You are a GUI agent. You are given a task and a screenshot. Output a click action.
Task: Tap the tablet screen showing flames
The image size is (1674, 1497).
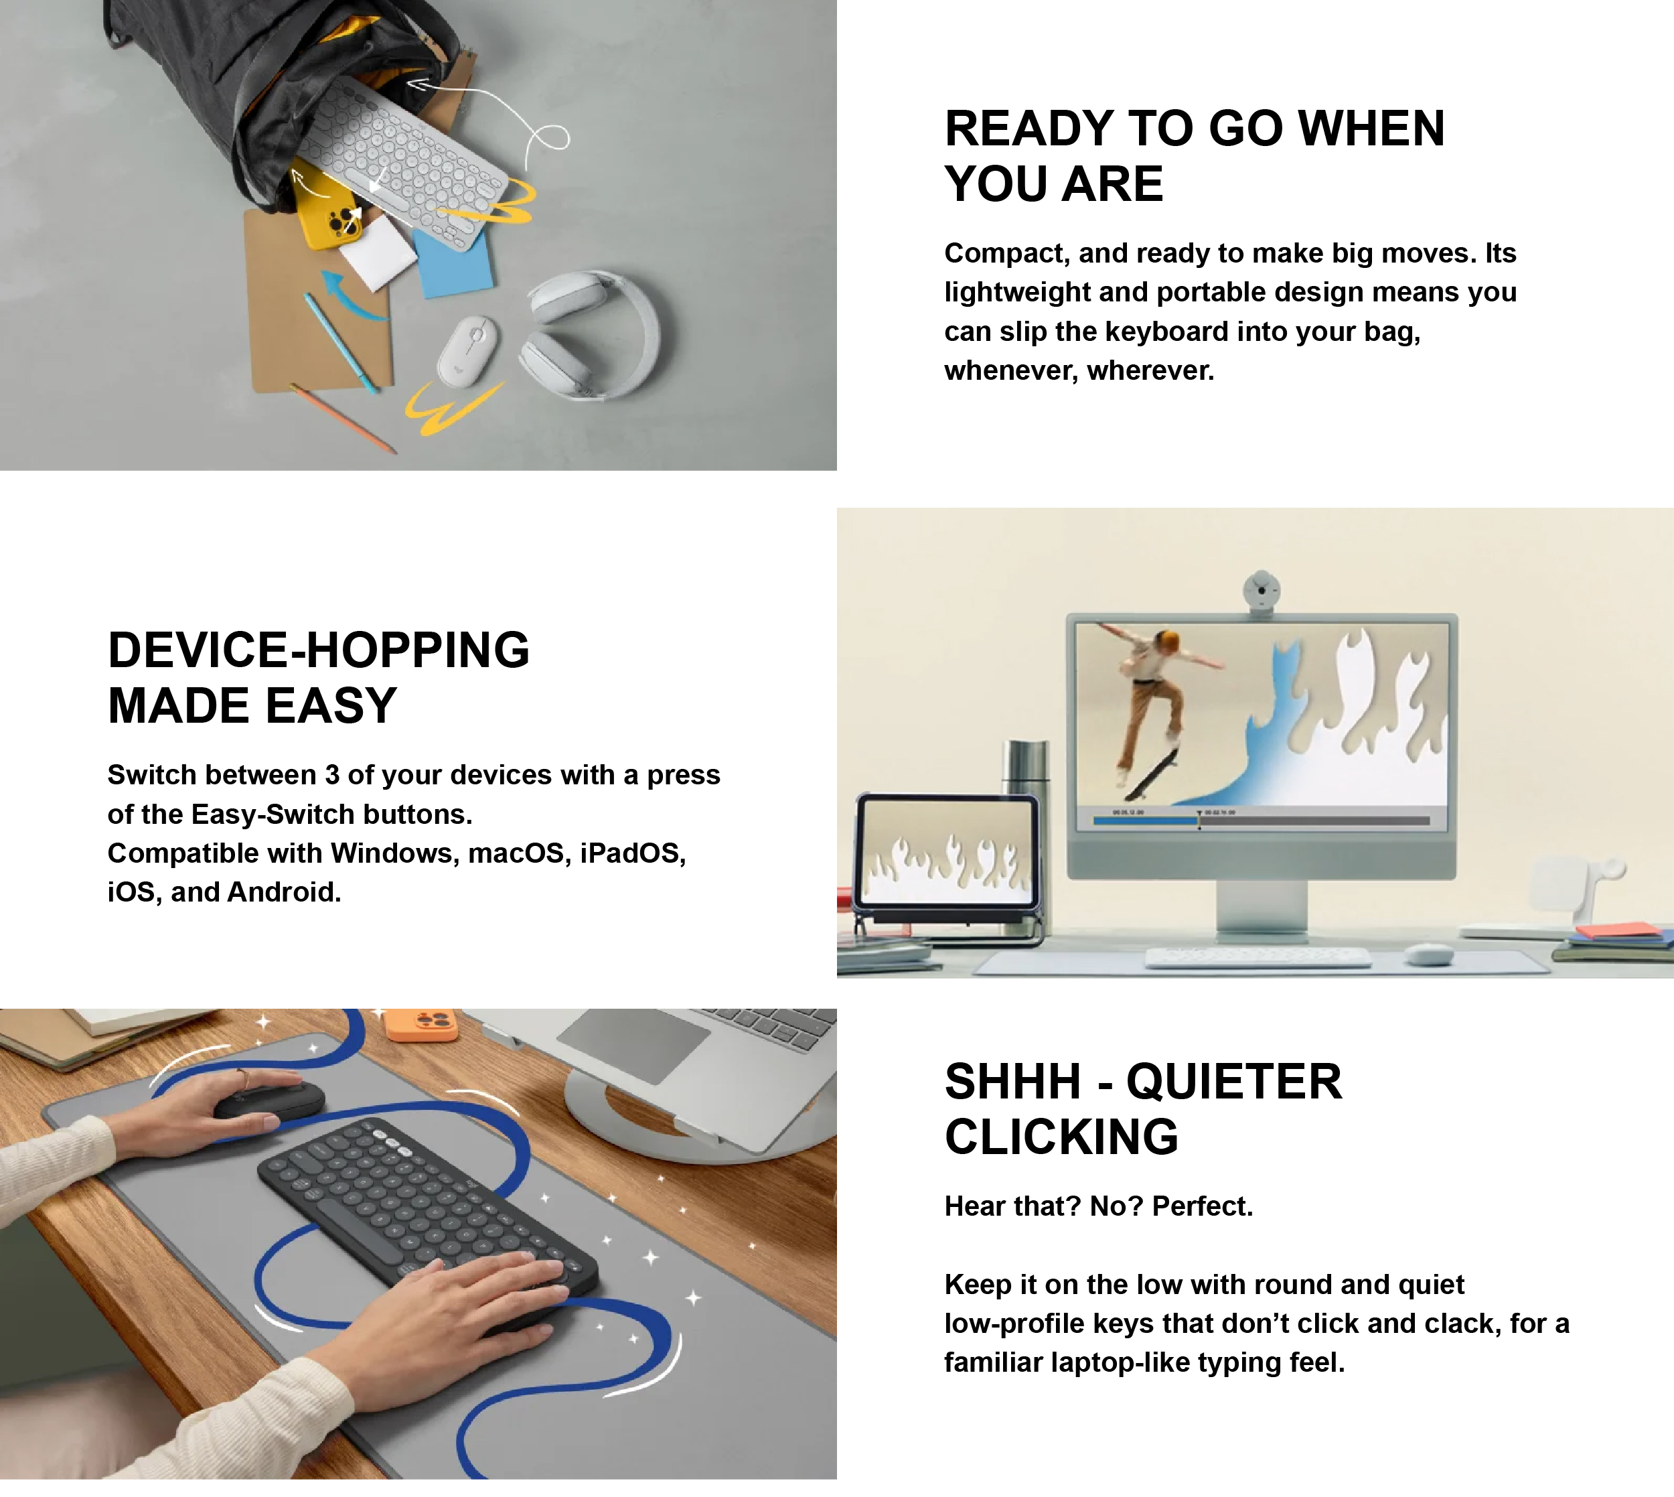click(x=945, y=851)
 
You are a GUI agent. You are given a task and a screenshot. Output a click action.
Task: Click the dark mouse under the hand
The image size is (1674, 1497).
click(x=270, y=1100)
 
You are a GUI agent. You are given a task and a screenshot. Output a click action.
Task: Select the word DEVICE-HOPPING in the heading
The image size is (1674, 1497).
click(x=319, y=650)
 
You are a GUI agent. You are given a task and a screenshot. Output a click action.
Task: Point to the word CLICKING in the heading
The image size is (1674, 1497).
click(x=1061, y=1136)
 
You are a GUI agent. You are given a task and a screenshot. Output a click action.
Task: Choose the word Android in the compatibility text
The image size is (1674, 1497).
click(x=284, y=892)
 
